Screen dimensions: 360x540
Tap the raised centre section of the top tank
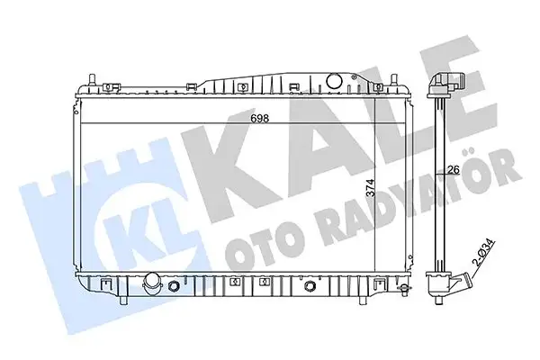click(x=270, y=82)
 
